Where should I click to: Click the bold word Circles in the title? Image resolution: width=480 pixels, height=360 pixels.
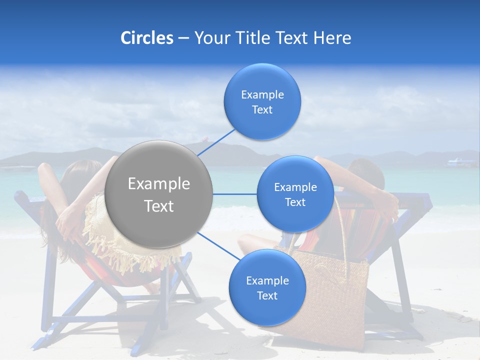pos(147,38)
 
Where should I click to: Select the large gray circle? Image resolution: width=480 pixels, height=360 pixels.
pos(159,194)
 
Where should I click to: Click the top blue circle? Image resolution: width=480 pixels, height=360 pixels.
pos(262,101)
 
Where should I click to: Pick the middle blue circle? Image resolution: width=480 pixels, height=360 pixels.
pos(295,194)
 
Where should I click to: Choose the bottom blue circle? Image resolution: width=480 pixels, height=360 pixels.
pos(267,287)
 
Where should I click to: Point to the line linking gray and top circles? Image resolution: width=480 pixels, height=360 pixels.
pos(216,141)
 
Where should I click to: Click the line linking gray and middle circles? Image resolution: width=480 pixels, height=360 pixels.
pos(234,194)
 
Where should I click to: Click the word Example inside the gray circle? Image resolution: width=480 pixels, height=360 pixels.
pos(159,184)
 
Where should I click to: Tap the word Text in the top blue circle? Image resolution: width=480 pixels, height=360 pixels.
pos(262,110)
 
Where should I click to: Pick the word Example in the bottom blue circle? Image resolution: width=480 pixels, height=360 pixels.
pos(267,280)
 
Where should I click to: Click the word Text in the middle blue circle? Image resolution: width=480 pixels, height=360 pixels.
pos(295,202)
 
